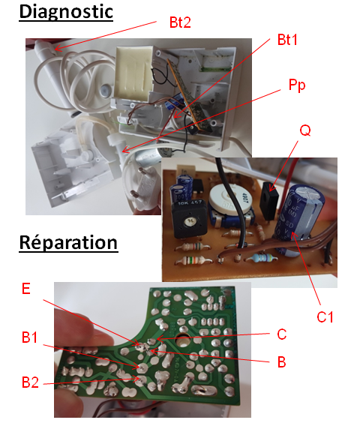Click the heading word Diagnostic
66,12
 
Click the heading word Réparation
68,243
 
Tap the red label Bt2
180,22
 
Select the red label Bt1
287,40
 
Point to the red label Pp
297,85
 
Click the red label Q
305,130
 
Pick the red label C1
325,316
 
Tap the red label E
25,289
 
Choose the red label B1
29,337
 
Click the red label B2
30,382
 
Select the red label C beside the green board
281,334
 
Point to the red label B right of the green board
281,361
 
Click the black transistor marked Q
268,201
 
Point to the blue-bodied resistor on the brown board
261,258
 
